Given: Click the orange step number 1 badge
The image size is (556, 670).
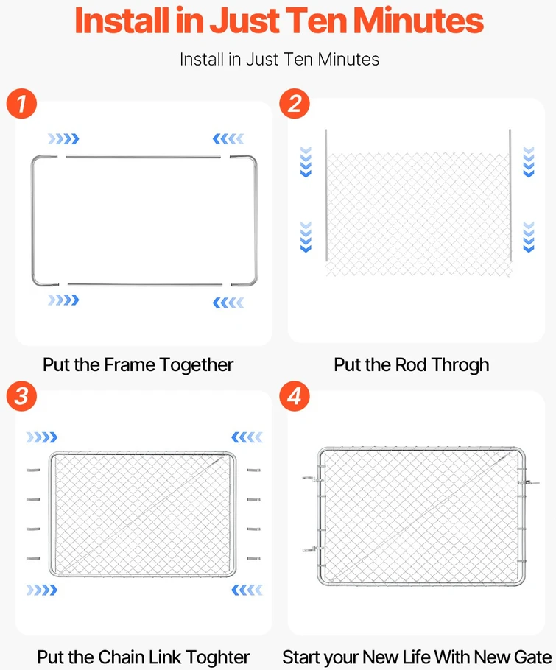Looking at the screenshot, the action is tap(21, 104).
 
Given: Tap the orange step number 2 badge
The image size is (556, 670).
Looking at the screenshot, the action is tap(295, 104).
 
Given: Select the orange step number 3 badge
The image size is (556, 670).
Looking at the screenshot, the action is tap(21, 396).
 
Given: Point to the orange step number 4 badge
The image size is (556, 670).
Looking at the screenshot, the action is tap(295, 396).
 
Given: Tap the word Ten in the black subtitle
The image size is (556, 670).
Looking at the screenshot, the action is tap(298, 60).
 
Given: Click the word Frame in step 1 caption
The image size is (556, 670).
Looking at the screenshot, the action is tap(130, 365).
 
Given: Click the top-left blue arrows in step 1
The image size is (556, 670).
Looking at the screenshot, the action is tap(63, 139).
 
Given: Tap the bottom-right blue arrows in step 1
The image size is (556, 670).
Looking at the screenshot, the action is tap(228, 303).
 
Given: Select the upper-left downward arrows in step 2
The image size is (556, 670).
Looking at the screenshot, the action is tap(306, 161).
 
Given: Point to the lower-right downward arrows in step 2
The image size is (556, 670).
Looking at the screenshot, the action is tap(529, 237).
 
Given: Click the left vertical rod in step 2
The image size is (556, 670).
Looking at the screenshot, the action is tap(326, 195).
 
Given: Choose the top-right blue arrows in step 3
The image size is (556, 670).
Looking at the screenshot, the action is tap(247, 437).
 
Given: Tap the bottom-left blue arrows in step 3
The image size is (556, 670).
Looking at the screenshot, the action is tap(42, 590).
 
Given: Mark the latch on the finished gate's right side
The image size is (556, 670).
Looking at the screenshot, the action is tap(528, 482).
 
